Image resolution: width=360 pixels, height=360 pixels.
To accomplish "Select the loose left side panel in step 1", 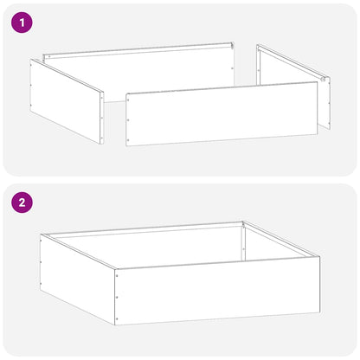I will click(x=66, y=100).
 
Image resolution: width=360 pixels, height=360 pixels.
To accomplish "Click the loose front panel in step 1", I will click(x=221, y=113).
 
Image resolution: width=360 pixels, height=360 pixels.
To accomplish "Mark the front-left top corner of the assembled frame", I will click(x=115, y=268).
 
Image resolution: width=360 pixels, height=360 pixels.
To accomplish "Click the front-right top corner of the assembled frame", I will click(x=319, y=257).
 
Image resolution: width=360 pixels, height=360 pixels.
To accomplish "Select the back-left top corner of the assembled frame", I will click(x=41, y=233).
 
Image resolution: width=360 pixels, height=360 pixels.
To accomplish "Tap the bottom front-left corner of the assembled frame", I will click(x=115, y=324).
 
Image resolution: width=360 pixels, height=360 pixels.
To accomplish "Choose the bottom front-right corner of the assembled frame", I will click(x=319, y=312).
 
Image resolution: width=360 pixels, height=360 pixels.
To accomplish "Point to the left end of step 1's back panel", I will click(x=48, y=57).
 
